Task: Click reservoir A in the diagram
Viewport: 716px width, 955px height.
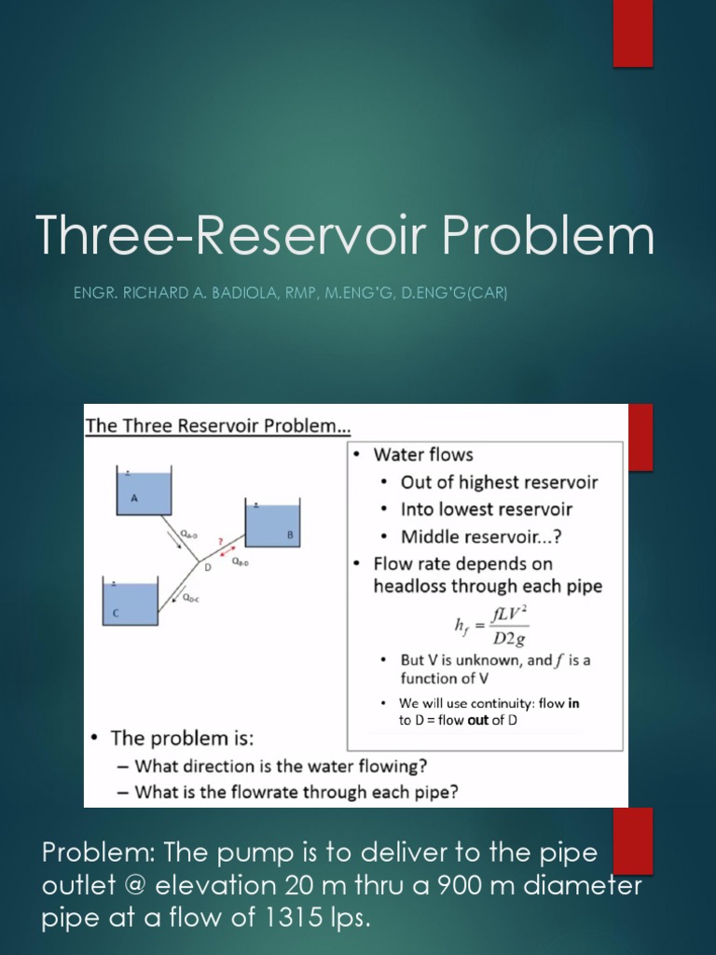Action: pos(145,492)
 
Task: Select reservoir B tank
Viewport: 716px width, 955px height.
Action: pos(272,528)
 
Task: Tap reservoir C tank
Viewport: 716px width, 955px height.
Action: pos(130,603)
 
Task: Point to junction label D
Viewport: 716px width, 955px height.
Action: pos(207,566)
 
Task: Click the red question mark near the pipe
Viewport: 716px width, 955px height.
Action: pos(220,540)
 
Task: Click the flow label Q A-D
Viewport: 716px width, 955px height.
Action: pos(188,534)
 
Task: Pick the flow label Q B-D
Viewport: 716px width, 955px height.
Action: pos(240,561)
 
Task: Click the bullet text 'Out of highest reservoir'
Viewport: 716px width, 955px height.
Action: pos(499,482)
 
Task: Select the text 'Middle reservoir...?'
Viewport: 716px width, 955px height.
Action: pos(481,536)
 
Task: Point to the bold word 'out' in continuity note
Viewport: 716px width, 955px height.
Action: pos(478,720)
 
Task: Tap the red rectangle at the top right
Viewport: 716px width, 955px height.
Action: pos(632,33)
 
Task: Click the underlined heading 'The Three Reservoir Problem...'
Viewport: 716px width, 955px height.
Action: pos(218,426)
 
